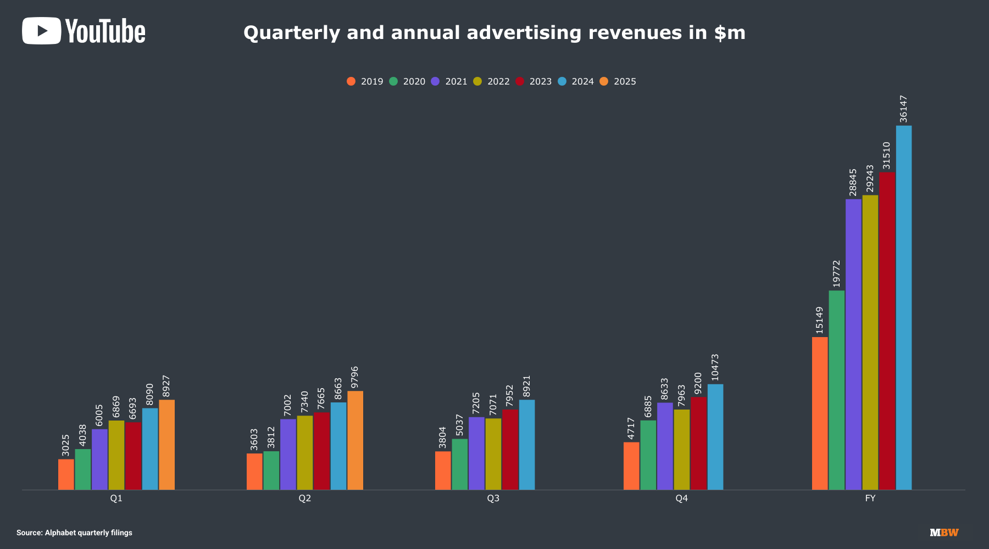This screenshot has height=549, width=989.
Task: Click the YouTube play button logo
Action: [41, 31]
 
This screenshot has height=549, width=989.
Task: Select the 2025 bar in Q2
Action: [355, 440]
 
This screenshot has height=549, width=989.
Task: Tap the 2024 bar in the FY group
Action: [903, 307]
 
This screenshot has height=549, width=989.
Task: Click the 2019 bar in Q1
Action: [66, 474]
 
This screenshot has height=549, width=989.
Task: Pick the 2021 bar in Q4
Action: [665, 446]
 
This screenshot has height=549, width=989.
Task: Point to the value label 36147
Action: [903, 109]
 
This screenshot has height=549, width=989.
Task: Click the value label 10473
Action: [715, 367]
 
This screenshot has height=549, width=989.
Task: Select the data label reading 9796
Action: [354, 377]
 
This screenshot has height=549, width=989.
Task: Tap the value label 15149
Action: [819, 320]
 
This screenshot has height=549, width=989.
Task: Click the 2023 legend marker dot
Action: [520, 81]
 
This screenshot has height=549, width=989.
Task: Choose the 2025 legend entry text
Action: [625, 81]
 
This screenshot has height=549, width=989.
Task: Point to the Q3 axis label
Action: [493, 498]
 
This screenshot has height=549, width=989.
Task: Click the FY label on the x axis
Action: [870, 498]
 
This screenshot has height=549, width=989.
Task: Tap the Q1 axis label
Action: [116, 498]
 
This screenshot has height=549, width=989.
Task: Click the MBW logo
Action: [944, 533]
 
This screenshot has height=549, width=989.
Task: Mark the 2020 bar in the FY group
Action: [836, 390]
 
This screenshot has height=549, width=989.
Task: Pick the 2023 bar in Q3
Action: [510, 449]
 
